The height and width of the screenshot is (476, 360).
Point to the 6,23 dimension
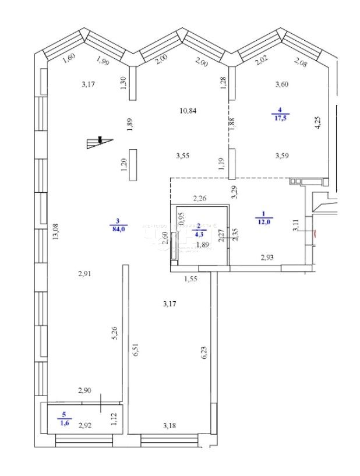pyautogui.click(x=204, y=353)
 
